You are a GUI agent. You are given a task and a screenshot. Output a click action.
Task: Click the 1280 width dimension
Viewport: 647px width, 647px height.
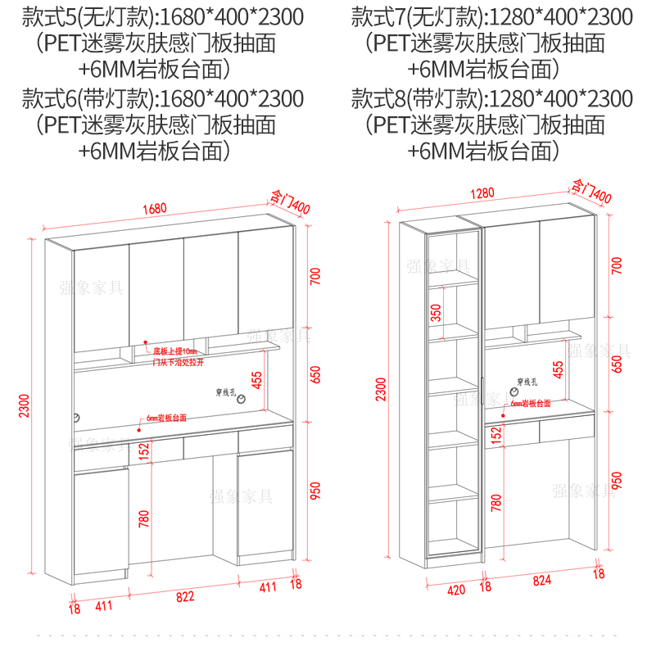[482, 193]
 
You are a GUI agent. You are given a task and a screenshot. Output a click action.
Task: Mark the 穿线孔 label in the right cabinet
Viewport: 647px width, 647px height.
[527, 381]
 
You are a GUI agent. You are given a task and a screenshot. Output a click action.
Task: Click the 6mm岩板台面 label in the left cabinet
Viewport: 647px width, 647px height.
[166, 417]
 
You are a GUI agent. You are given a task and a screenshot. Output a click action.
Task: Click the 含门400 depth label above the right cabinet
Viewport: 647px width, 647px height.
[591, 192]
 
